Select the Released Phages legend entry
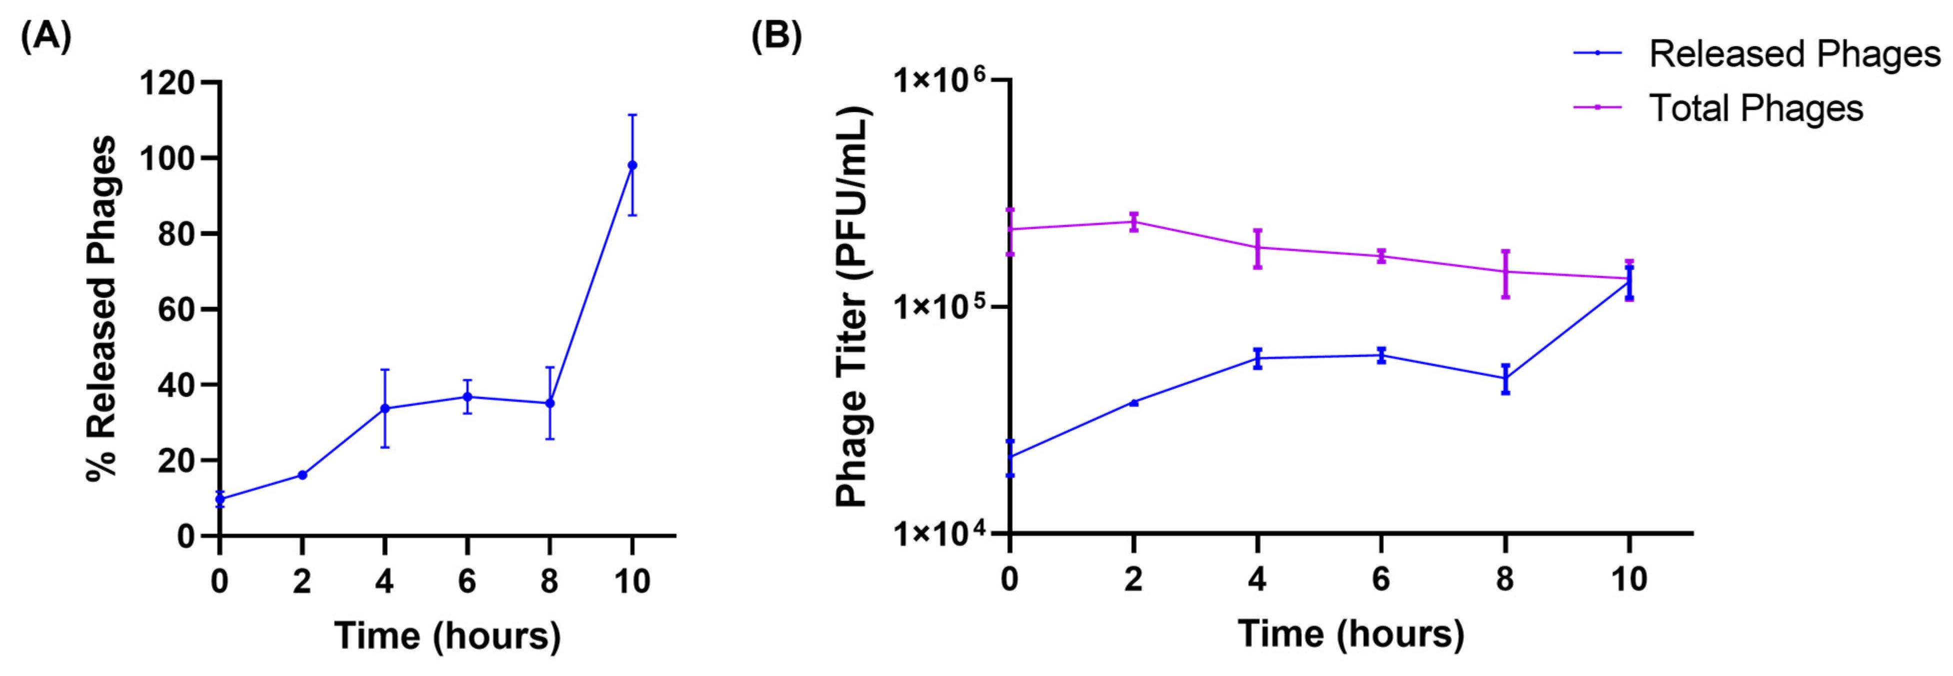[1794, 54]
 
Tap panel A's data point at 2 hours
[301, 475]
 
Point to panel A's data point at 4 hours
[384, 409]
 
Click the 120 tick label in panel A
[167, 82]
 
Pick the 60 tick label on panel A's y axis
[176, 309]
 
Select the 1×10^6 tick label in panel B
[940, 79]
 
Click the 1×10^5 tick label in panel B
[940, 306]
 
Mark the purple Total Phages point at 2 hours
[1133, 222]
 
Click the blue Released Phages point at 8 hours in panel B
[1505, 379]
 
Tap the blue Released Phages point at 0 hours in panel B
[1010, 457]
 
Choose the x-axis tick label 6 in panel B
[1380, 580]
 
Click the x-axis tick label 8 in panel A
[549, 582]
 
